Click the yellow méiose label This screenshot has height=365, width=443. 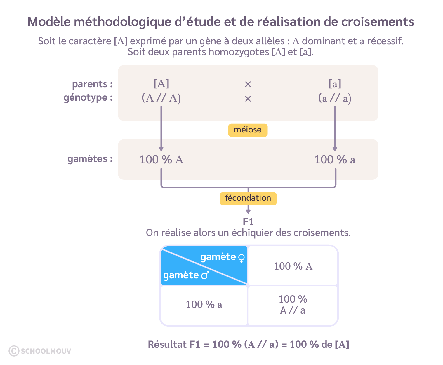(248, 130)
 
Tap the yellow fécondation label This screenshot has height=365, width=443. (248, 198)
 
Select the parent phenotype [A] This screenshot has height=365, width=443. (161, 84)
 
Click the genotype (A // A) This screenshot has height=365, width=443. (161, 98)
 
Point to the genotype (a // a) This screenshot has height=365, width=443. (335, 98)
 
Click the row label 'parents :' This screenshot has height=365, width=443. (92, 84)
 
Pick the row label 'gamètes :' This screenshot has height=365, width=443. (90, 159)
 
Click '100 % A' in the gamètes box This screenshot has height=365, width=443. (161, 160)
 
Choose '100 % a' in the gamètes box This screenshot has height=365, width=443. (335, 160)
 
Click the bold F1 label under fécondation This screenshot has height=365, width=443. (248, 222)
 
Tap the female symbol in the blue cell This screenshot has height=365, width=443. (242, 258)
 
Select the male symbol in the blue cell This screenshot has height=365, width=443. (205, 275)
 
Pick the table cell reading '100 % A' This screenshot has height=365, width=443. (293, 266)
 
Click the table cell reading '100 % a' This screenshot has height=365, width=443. (204, 304)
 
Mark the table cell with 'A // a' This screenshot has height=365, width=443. (293, 305)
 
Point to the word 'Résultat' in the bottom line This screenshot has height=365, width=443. (167, 345)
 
